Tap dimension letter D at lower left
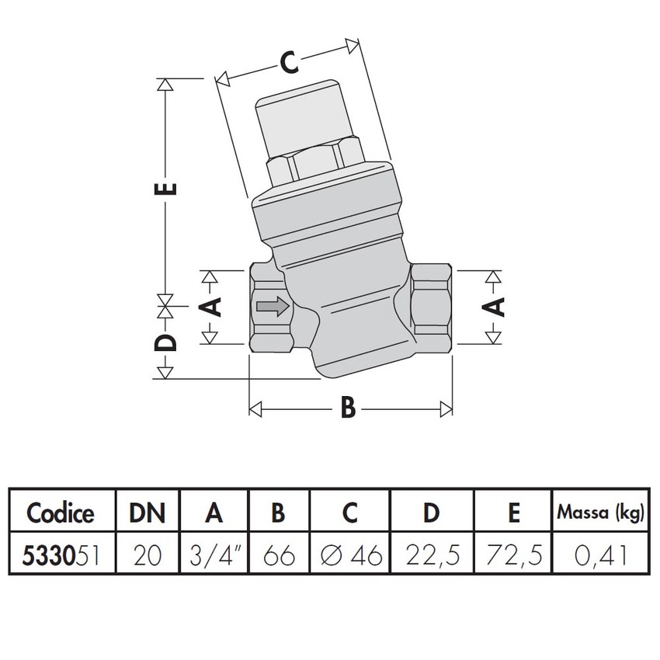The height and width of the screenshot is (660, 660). point(166,342)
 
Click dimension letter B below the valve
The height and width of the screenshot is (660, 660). point(349,406)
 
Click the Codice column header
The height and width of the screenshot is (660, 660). point(61,512)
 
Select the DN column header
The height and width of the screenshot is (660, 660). point(148,512)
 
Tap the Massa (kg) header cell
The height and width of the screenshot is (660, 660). point(601,512)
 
